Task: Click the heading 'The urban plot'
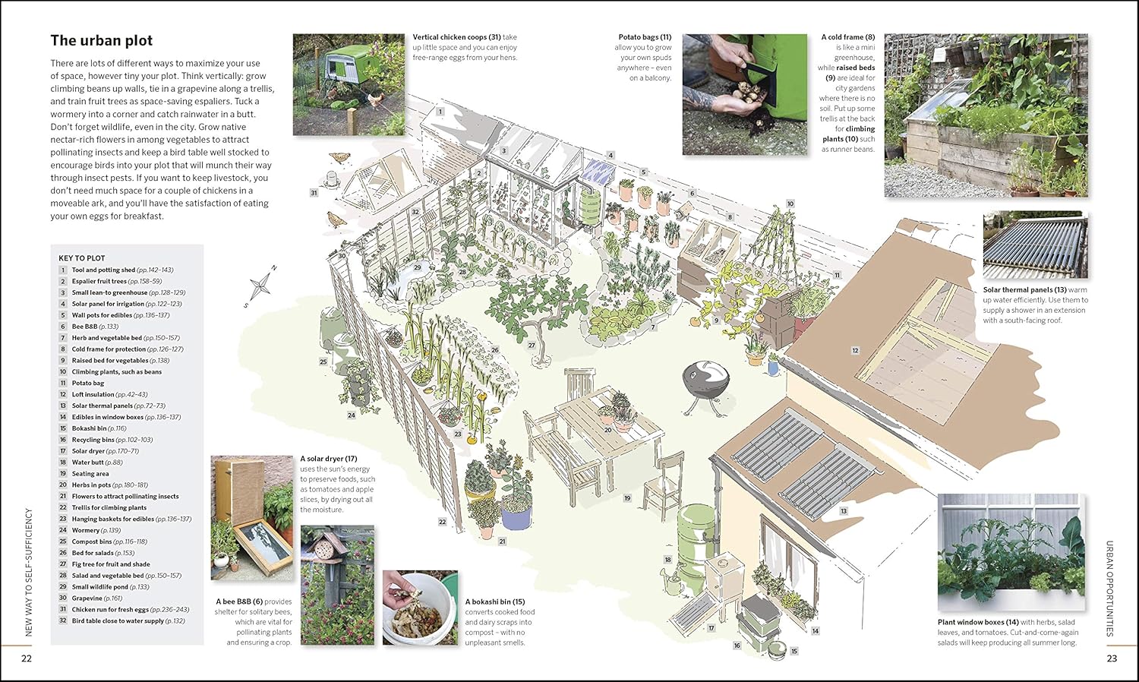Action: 101,41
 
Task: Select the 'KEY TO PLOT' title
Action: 82,258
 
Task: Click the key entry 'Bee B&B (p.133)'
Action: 95,327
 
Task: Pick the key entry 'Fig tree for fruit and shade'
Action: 111,564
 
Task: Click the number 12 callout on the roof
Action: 855,350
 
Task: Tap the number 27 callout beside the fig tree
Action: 532,346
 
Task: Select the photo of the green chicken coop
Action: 349,84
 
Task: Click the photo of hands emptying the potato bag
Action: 745,94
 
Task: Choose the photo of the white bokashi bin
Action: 420,608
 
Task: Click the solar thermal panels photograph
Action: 1035,245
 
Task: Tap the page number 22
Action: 27,658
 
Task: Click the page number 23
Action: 1112,658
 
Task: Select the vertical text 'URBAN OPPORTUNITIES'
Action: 1110,589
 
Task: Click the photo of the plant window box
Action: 1011,552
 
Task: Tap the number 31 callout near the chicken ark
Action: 314,193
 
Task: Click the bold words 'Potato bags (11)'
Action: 645,37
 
